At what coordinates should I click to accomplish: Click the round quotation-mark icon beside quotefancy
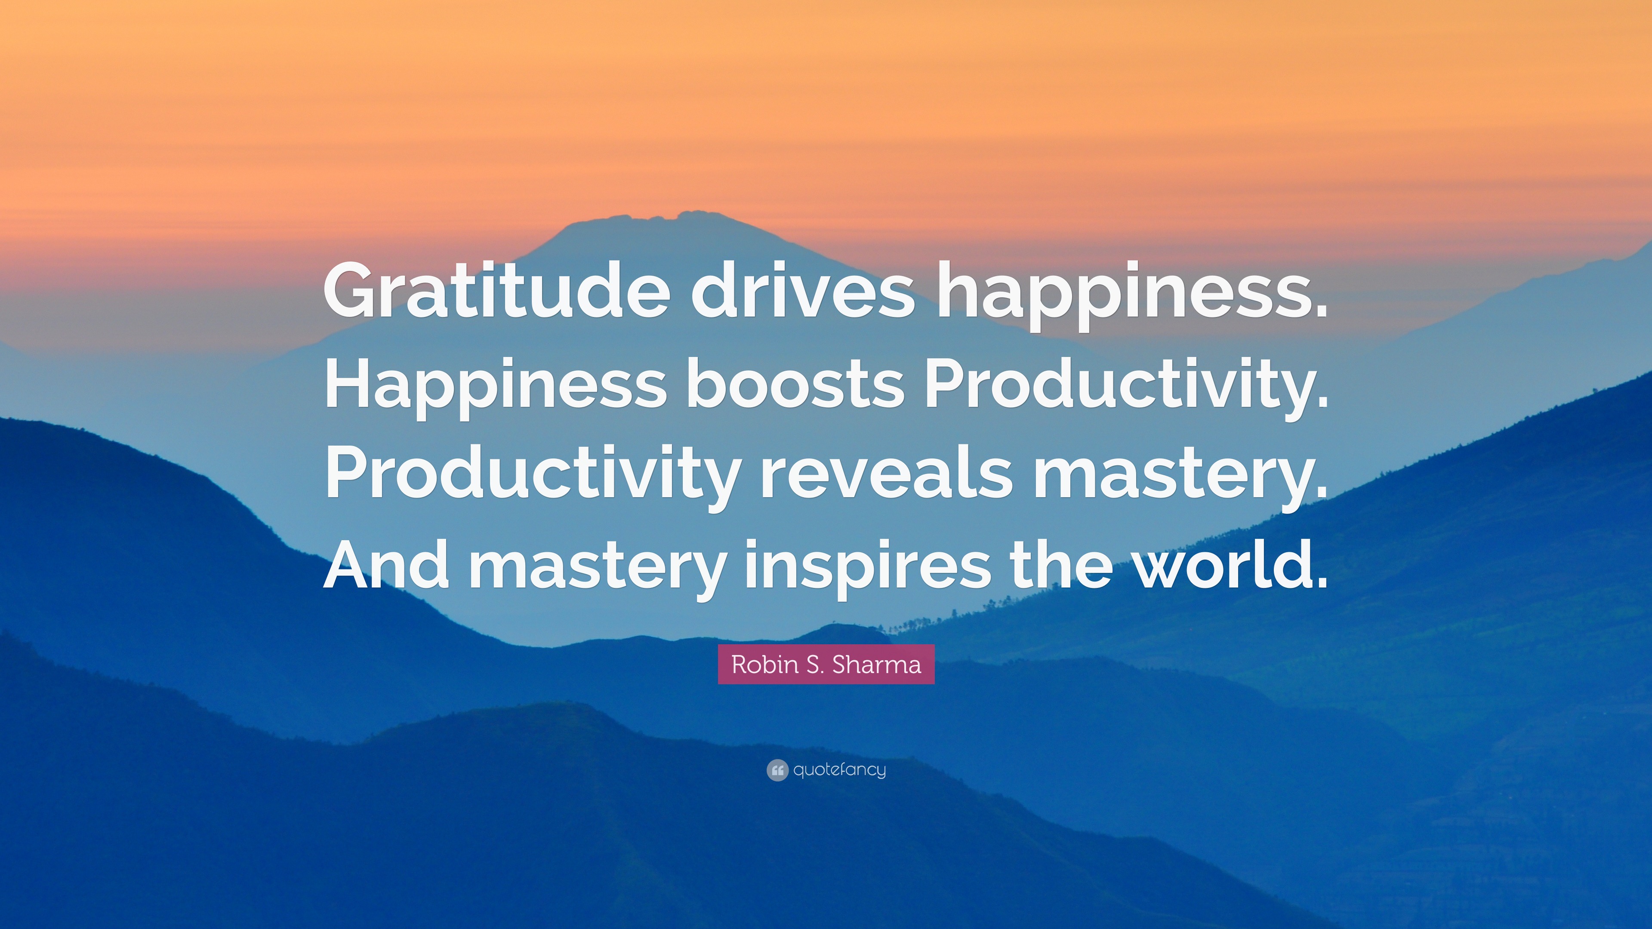coord(777,770)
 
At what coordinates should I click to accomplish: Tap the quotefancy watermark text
coord(839,770)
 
